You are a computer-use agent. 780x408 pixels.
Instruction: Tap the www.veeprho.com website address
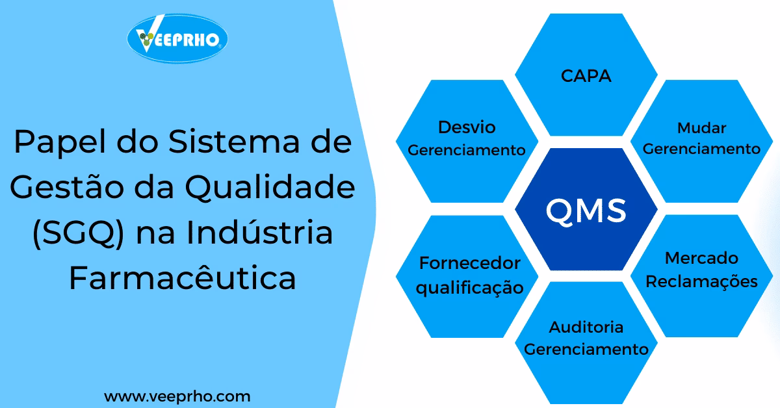click(177, 396)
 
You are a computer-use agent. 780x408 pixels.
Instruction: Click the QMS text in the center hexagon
click(586, 210)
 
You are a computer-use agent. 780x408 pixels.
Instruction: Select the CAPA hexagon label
click(586, 75)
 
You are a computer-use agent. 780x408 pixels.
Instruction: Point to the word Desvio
click(467, 127)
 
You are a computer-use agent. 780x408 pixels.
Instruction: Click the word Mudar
click(701, 127)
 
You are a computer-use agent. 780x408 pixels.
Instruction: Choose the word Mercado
click(701, 258)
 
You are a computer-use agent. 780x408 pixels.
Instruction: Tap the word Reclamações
click(701, 281)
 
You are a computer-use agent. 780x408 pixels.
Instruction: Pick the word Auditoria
click(586, 326)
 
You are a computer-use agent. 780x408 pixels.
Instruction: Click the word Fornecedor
click(470, 263)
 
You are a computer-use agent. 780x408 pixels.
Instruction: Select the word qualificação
click(470, 287)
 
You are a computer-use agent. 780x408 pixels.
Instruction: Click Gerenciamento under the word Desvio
click(467, 150)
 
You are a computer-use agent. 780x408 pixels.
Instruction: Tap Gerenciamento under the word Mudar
click(701, 149)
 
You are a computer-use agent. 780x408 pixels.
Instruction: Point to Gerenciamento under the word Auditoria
click(586, 349)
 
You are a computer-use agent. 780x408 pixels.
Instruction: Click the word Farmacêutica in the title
click(183, 279)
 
